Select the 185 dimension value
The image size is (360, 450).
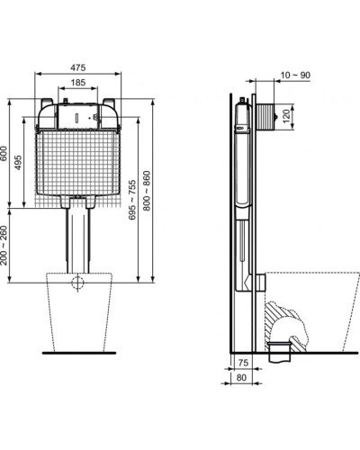coord(78,83)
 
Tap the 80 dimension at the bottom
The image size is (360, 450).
coord(241,379)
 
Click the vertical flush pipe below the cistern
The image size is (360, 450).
coord(78,238)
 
